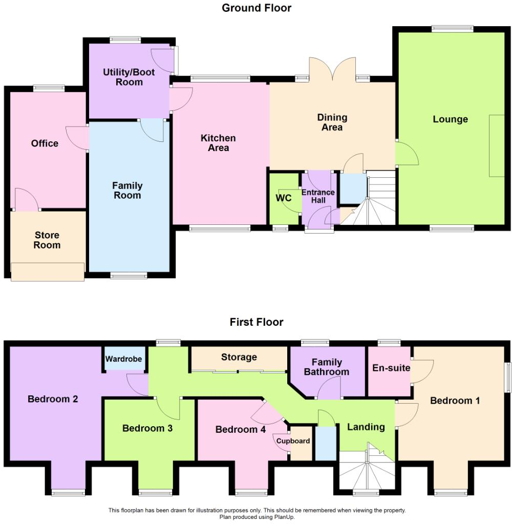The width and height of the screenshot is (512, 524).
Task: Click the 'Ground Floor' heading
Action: [x=256, y=8]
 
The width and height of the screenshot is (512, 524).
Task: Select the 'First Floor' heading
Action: [x=256, y=322]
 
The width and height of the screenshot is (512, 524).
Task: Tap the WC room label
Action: [x=284, y=198]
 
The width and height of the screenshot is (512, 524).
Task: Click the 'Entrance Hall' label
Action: [x=318, y=196]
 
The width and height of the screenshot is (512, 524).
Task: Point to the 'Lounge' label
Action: [x=450, y=119]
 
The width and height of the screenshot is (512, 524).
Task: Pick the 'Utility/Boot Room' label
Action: [x=129, y=77]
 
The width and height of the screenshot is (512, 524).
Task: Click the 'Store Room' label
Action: [x=47, y=240]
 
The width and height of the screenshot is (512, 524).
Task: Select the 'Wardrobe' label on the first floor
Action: [x=123, y=359]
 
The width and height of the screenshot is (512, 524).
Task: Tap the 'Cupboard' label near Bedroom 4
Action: [x=293, y=441]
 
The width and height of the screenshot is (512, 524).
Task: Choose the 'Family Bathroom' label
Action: [x=327, y=367]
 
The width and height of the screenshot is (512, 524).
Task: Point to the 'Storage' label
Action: [x=239, y=357]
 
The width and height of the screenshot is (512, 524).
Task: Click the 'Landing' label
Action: [x=366, y=427]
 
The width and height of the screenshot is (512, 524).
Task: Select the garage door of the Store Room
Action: [x=47, y=272]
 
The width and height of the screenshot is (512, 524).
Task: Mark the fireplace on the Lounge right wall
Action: [x=496, y=146]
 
